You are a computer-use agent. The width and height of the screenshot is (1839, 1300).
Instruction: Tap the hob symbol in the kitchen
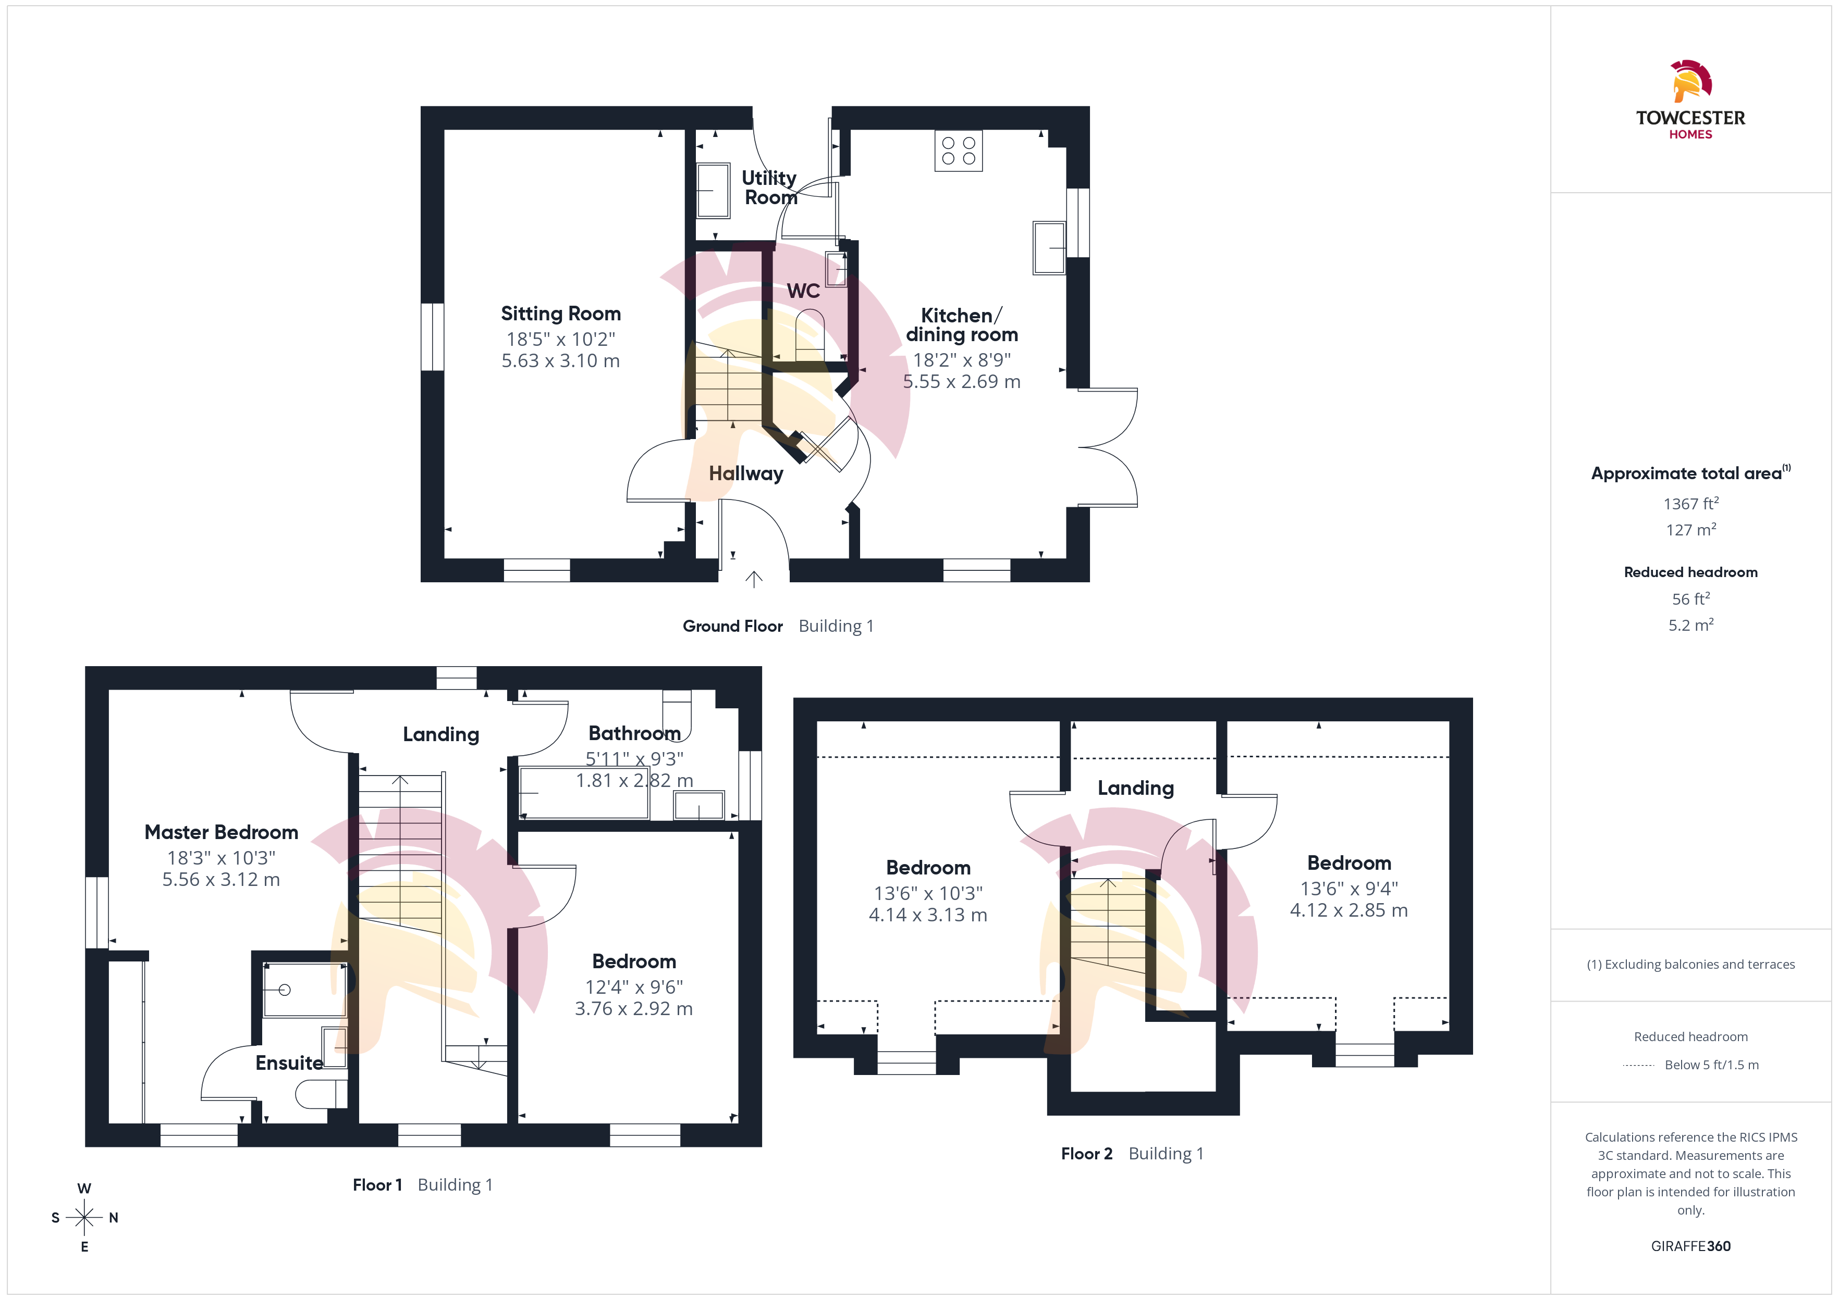click(x=959, y=151)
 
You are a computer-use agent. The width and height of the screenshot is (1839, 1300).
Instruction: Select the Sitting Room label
click(x=561, y=313)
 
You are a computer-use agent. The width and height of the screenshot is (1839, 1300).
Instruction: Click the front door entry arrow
click(x=754, y=579)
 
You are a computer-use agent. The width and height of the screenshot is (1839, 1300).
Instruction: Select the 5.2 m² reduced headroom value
click(x=1691, y=624)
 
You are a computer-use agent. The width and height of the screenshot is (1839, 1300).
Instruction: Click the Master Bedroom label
click(x=221, y=832)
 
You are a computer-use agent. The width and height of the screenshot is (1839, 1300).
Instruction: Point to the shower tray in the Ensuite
click(x=304, y=990)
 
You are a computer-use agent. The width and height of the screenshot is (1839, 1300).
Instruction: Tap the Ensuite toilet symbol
click(x=321, y=1093)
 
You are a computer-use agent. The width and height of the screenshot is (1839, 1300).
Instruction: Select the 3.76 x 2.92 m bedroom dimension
click(x=633, y=1009)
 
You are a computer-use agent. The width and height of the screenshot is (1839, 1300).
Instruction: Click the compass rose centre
click(x=84, y=1218)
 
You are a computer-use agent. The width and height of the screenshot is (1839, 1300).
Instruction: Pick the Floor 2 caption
click(x=1086, y=1154)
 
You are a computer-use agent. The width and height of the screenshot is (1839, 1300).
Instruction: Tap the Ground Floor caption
click(x=732, y=626)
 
